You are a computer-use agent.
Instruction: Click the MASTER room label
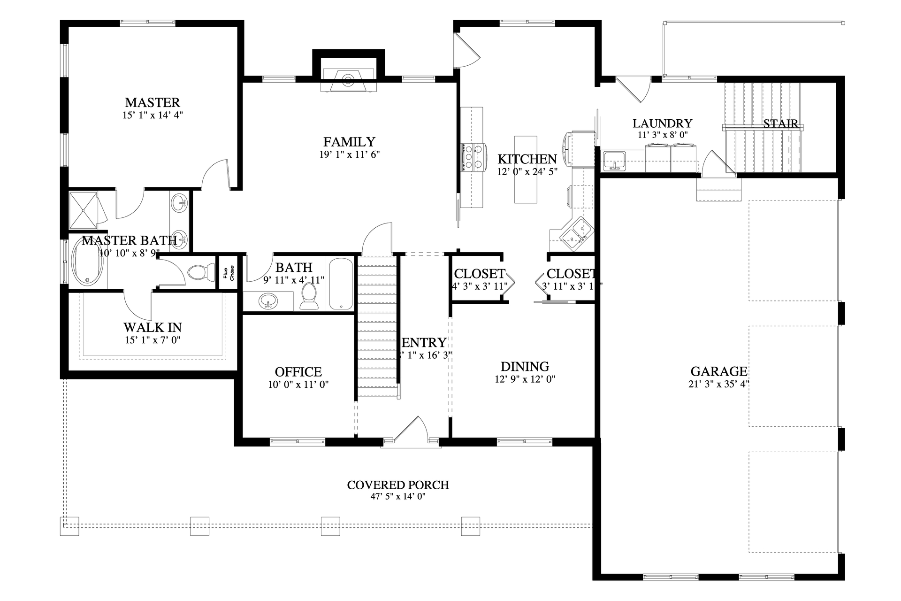[152, 102]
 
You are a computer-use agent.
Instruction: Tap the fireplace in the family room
[348, 80]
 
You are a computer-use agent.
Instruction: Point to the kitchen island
[526, 169]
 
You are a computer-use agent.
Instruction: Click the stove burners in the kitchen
[473, 157]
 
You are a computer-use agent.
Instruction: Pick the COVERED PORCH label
[398, 485]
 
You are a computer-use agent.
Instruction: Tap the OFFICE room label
[298, 372]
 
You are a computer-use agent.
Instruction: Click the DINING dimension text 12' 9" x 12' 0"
[525, 379]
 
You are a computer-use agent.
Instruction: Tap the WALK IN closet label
[153, 327]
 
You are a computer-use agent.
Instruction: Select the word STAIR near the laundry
[780, 123]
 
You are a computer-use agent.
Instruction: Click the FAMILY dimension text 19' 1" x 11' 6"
[349, 154]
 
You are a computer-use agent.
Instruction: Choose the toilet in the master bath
[199, 272]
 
